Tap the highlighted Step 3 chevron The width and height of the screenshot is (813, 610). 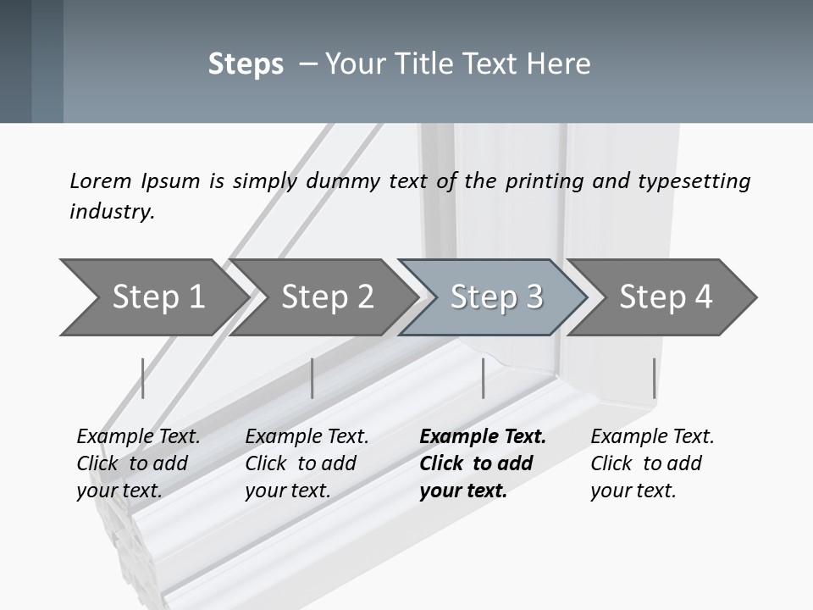point(496,297)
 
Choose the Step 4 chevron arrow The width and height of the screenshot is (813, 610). point(666,297)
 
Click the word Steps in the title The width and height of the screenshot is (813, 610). point(246,64)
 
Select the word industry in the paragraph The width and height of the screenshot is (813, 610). point(111,211)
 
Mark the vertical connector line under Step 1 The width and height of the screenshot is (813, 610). point(143,378)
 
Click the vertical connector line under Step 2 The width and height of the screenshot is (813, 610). point(312,378)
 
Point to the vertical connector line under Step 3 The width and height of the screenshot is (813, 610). point(483,378)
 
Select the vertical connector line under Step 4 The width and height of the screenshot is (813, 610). point(654,378)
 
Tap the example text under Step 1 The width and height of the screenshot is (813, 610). point(137,463)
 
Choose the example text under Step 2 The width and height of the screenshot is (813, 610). point(306,463)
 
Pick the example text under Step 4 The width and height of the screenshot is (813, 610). point(651,463)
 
